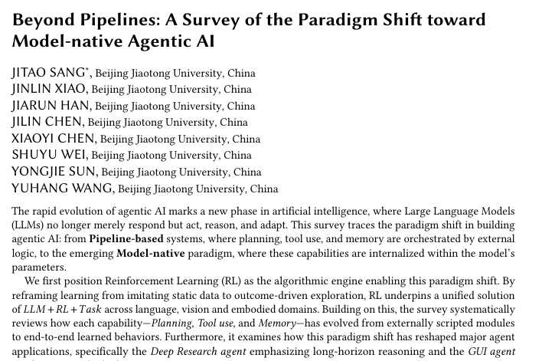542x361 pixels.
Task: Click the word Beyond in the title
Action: click(44, 19)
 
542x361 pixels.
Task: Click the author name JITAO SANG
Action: click(46, 74)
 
